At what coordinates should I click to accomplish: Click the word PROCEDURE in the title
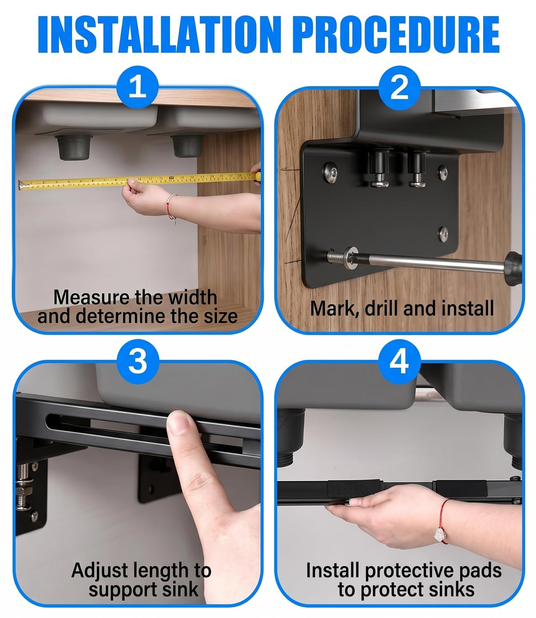coord(398,34)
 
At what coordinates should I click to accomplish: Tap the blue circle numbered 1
coord(137,87)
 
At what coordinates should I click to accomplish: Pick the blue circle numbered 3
coord(137,362)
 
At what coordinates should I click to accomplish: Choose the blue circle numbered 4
coord(399,362)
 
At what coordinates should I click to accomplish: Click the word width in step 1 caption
coord(193,297)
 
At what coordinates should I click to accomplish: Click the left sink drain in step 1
coord(74,147)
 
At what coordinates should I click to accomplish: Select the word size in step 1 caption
coord(221,316)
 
